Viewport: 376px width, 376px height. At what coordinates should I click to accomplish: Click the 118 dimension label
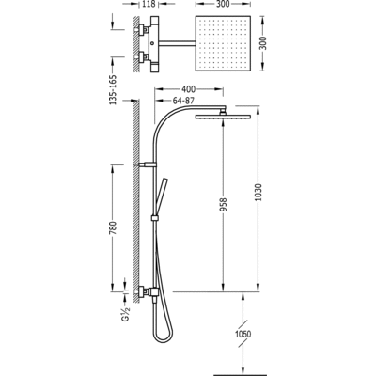(x=149, y=4)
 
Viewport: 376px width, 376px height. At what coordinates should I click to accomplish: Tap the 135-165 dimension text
(x=113, y=89)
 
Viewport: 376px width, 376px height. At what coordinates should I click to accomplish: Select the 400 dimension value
(x=189, y=89)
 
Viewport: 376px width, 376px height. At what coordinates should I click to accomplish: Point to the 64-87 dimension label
(x=183, y=101)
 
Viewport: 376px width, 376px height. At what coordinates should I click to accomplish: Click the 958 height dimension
(x=223, y=204)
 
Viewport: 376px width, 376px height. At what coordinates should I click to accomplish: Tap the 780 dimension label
(x=113, y=228)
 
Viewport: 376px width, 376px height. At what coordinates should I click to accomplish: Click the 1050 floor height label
(x=243, y=334)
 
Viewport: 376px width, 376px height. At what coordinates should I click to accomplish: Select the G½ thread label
(x=126, y=313)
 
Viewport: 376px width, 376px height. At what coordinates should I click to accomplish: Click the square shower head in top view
(x=224, y=43)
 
